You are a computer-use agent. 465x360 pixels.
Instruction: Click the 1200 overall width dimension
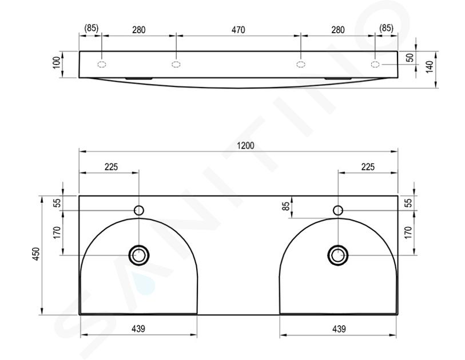point(245,146)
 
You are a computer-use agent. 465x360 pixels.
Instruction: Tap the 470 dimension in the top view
point(238,30)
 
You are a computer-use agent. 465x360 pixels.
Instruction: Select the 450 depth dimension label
point(35,254)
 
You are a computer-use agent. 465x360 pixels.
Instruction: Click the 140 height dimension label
point(430,66)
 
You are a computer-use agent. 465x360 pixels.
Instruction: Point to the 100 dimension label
point(57,63)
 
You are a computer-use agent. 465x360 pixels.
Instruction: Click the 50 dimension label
point(411,58)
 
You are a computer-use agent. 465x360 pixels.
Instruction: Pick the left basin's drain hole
point(138,255)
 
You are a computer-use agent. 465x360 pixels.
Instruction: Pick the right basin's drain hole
point(338,255)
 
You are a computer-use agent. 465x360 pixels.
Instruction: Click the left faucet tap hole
point(139,210)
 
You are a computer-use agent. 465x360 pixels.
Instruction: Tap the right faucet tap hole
point(338,210)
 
